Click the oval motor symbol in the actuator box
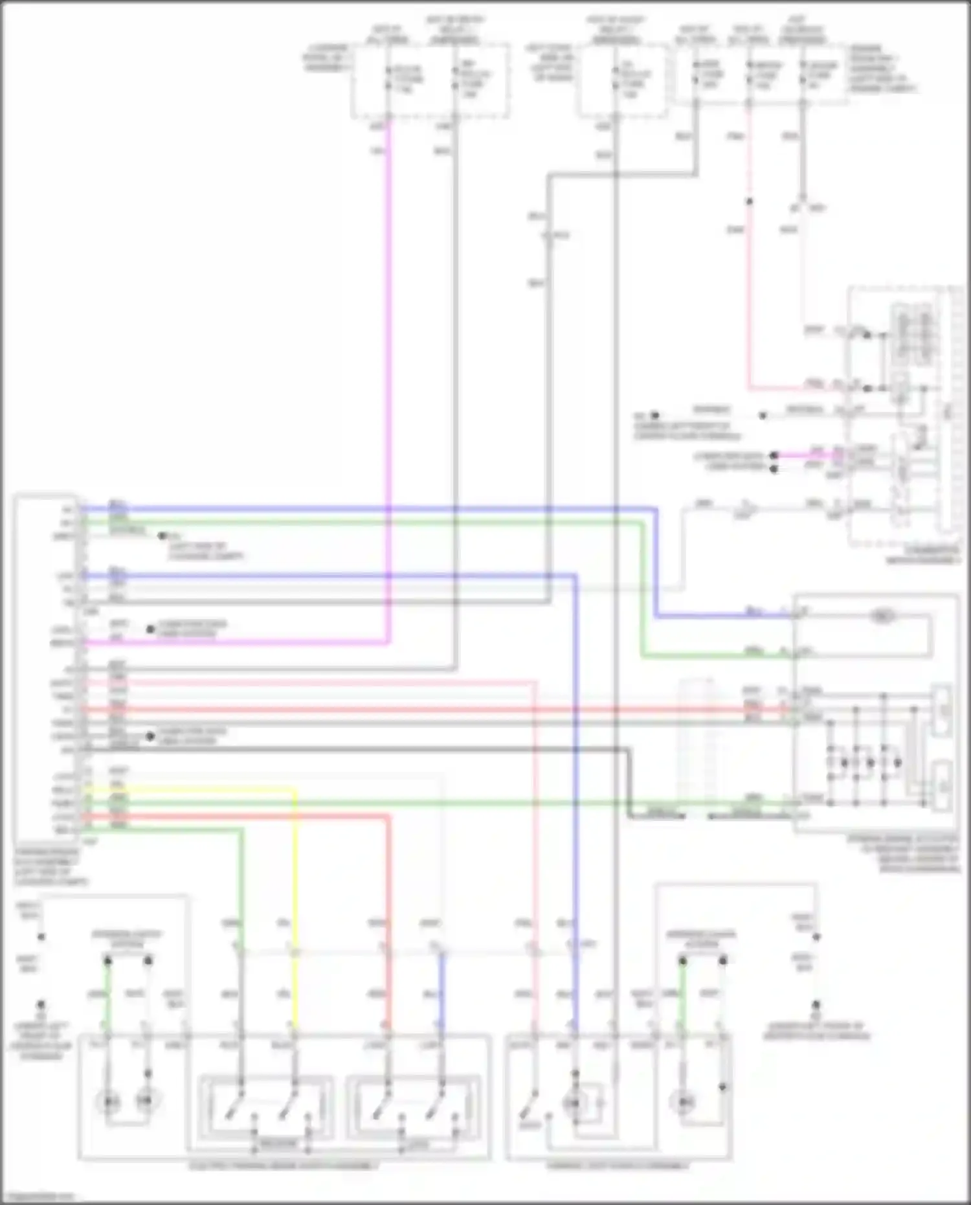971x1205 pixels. [x=881, y=616]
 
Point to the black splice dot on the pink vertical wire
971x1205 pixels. [x=749, y=201]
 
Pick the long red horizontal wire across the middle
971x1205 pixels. [x=453, y=710]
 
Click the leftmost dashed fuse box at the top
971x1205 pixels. [x=429, y=80]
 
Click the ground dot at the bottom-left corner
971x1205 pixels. [x=41, y=1005]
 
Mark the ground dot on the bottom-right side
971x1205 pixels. [x=816, y=1006]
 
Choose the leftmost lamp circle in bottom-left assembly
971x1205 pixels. [x=107, y=1100]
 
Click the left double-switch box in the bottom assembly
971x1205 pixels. [x=265, y=1107]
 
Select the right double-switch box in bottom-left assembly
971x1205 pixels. [x=413, y=1107]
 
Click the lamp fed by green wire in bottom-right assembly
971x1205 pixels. [x=682, y=1100]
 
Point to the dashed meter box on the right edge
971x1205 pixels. [x=904, y=414]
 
